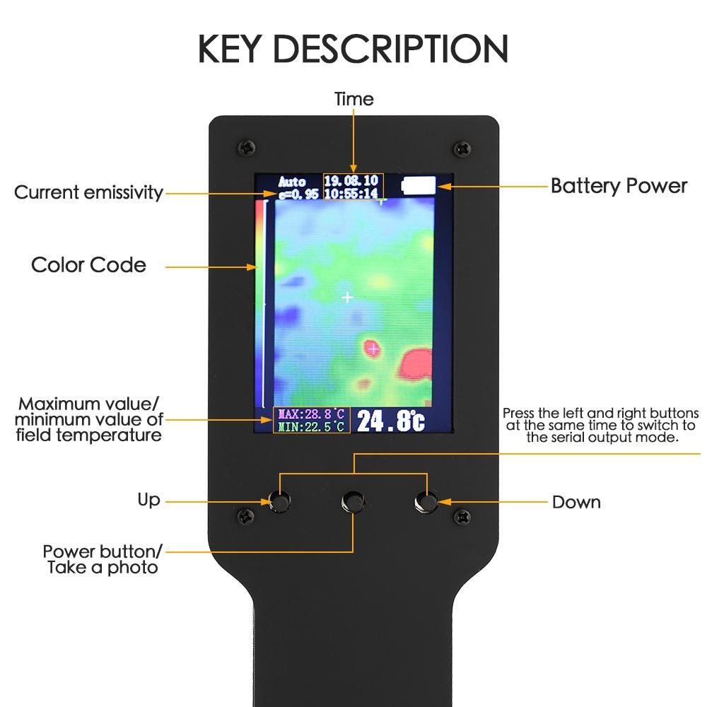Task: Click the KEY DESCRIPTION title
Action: pos(353,48)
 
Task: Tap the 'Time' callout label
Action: pos(353,99)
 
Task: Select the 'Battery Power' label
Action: pos(619,186)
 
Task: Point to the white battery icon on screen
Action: pos(419,186)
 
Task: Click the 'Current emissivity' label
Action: pos(88,192)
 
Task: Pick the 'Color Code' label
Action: pos(88,265)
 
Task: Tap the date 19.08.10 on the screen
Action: pos(351,181)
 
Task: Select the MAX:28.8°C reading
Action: pos(311,414)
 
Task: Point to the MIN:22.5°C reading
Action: pos(311,426)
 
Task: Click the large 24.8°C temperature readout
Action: pos(390,421)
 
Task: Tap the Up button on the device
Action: pos(280,501)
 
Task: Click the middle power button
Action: pos(353,502)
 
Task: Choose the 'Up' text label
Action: pos(148,500)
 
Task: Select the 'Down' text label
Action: pos(576,502)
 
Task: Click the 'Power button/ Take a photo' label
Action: pos(103,559)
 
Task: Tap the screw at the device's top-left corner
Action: pos(247,148)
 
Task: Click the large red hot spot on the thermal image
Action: pos(416,363)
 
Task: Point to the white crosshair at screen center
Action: pos(347,298)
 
